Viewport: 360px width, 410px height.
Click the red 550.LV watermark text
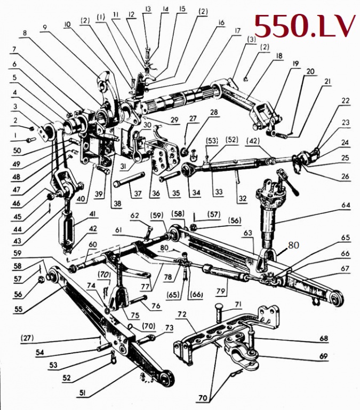pyautogui.click(x=305, y=26)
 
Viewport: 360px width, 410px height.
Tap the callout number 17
pyautogui.click(x=237, y=31)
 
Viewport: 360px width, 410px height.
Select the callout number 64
pyautogui.click(x=346, y=205)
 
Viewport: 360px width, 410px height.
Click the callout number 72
pyautogui.click(x=182, y=314)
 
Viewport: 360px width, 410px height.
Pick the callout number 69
pyautogui.click(x=323, y=357)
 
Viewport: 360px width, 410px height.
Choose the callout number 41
pyautogui.click(x=92, y=215)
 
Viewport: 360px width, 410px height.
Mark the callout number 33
pyautogui.click(x=219, y=192)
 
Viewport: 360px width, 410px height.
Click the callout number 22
pyautogui.click(x=346, y=101)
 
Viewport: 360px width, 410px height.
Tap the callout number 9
pyautogui.click(x=45, y=28)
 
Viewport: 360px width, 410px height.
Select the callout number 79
pyautogui.click(x=221, y=291)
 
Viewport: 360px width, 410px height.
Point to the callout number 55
pyautogui.click(x=18, y=310)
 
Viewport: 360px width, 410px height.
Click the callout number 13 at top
pyautogui.click(x=148, y=10)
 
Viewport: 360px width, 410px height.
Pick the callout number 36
pyautogui.click(x=156, y=193)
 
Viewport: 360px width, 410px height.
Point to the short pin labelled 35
pyautogui.click(x=170, y=176)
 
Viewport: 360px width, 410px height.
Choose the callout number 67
pyautogui.click(x=345, y=269)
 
